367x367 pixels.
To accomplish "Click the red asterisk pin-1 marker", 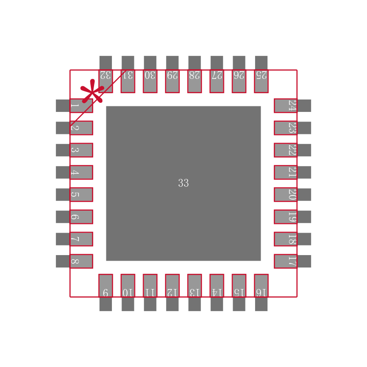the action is [92, 91].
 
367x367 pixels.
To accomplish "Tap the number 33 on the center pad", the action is [183, 183].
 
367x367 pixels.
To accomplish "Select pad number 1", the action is [74, 106].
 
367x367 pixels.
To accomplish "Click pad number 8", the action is [74, 261].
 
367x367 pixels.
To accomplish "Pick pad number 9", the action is [106, 293].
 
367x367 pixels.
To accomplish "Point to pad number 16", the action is [261, 293].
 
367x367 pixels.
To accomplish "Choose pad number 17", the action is [293, 261].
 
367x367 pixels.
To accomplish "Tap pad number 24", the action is [293, 106].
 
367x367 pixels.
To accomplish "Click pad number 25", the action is [261, 74].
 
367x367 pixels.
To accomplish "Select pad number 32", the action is [106, 74].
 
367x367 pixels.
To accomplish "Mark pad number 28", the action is [195, 74].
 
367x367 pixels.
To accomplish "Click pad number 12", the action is [172, 293].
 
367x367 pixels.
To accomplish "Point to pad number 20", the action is [293, 195].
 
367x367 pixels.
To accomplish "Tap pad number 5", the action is [74, 195].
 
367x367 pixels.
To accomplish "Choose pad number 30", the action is [150, 74].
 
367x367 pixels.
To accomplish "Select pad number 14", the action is [217, 293].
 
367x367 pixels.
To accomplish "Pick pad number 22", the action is [293, 150].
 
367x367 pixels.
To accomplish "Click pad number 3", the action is [74, 150].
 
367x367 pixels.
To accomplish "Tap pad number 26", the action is [239, 74].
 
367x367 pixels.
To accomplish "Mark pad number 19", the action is [293, 217].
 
